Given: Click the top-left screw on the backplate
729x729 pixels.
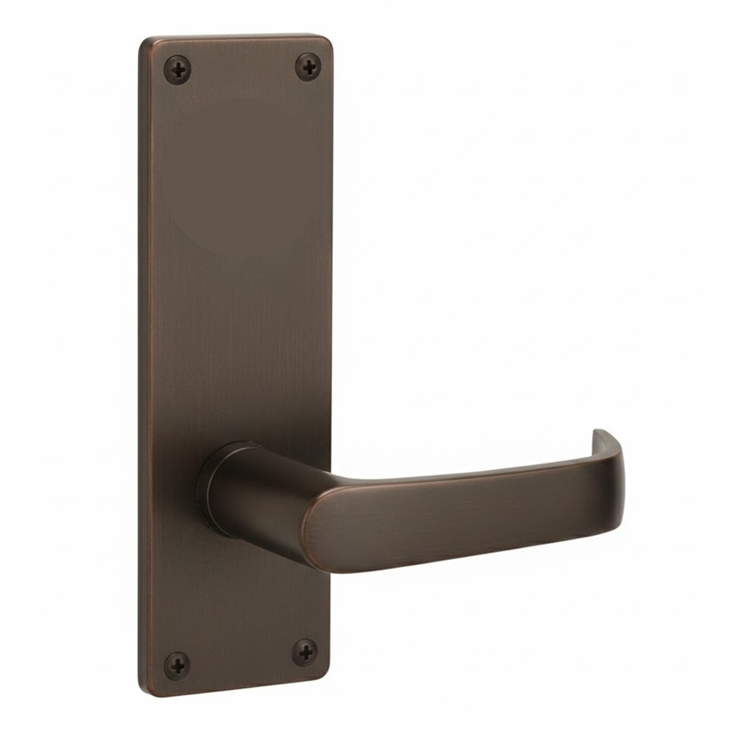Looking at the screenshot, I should pyautogui.click(x=178, y=69).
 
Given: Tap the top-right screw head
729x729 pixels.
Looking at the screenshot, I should pyautogui.click(x=308, y=66).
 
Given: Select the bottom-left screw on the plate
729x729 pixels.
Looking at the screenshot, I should pyautogui.click(x=177, y=663).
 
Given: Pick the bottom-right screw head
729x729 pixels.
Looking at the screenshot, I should pyautogui.click(x=304, y=652).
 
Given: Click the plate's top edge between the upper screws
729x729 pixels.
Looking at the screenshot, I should pyautogui.click(x=240, y=37).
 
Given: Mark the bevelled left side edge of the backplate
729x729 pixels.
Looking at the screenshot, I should pyautogui.click(x=143, y=356).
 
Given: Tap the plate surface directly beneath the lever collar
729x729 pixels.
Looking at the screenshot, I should pyautogui.click(x=240, y=587).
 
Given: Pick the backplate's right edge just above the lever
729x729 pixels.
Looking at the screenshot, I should pyautogui.click(x=331, y=401).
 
